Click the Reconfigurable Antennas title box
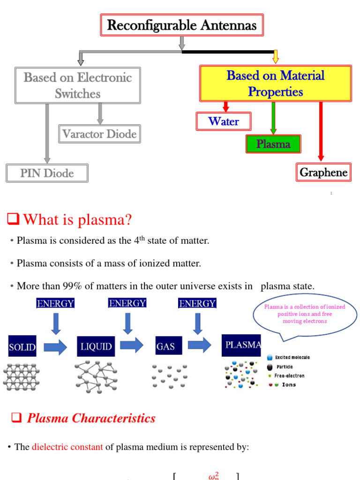tap(182, 25)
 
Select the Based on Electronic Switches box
tap(77, 85)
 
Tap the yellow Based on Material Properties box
tap(276, 83)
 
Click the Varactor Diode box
tap(99, 134)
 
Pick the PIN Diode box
tap(47, 173)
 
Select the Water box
tap(224, 121)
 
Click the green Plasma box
tap(273, 144)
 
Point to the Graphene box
tap(323, 172)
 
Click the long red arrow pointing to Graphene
tap(321, 131)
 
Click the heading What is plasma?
tap(77, 219)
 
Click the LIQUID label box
tap(96, 347)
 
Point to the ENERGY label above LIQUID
tap(127, 303)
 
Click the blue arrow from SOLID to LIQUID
tap(55, 347)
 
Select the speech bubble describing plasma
tap(304, 315)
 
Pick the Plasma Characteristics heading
tap(91, 418)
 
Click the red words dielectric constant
tap(67, 447)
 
